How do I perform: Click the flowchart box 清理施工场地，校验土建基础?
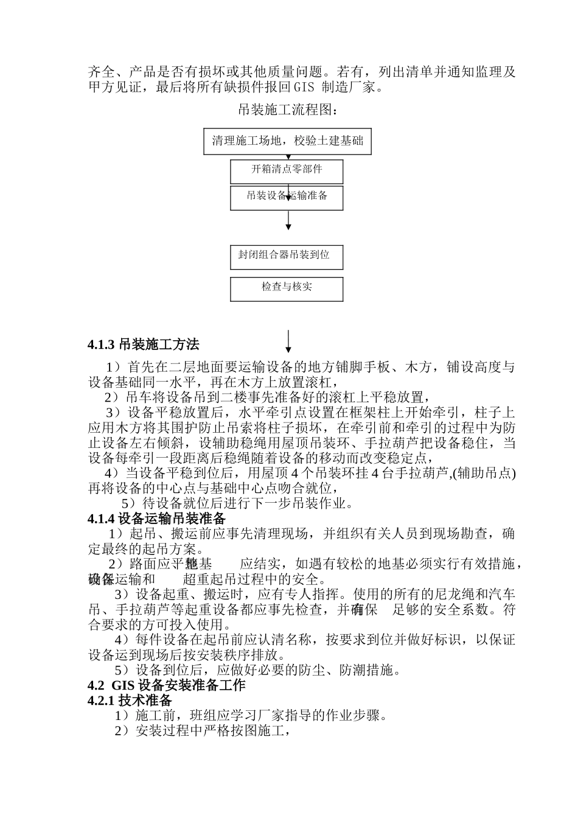point(287,141)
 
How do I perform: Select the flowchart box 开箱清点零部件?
point(287,170)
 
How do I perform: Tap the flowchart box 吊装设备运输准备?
point(287,197)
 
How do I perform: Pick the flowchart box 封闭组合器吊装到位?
point(287,256)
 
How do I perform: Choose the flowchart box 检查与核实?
point(287,288)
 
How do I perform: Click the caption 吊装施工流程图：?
point(288,110)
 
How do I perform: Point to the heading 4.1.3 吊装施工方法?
point(144,344)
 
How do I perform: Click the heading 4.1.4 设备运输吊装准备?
point(157,518)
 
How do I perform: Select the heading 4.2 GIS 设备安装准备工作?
point(167,685)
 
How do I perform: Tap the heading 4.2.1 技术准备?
point(130,700)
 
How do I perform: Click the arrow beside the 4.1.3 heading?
point(288,341)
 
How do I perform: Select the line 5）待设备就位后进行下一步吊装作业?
point(237,503)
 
